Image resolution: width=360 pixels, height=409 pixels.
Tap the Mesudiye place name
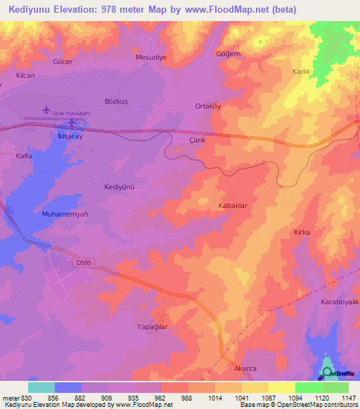(151, 58)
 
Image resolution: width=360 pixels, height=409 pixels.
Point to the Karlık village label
(301, 72)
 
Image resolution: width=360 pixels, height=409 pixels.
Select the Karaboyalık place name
(340, 301)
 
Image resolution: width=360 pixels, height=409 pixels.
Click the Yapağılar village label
(151, 327)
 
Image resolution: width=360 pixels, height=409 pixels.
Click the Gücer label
(63, 62)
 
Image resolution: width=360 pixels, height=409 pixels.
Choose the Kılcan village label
(25, 74)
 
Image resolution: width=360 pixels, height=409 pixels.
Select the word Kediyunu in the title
(30, 9)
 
